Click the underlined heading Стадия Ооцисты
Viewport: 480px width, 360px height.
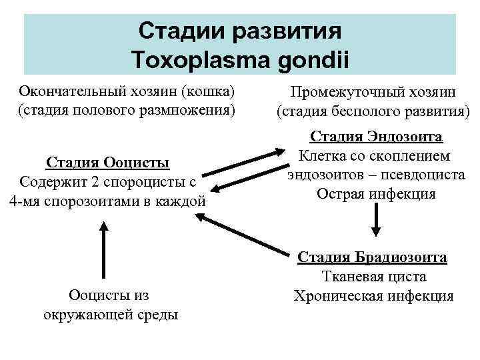point(107,163)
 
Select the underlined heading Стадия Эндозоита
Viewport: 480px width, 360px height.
point(376,137)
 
